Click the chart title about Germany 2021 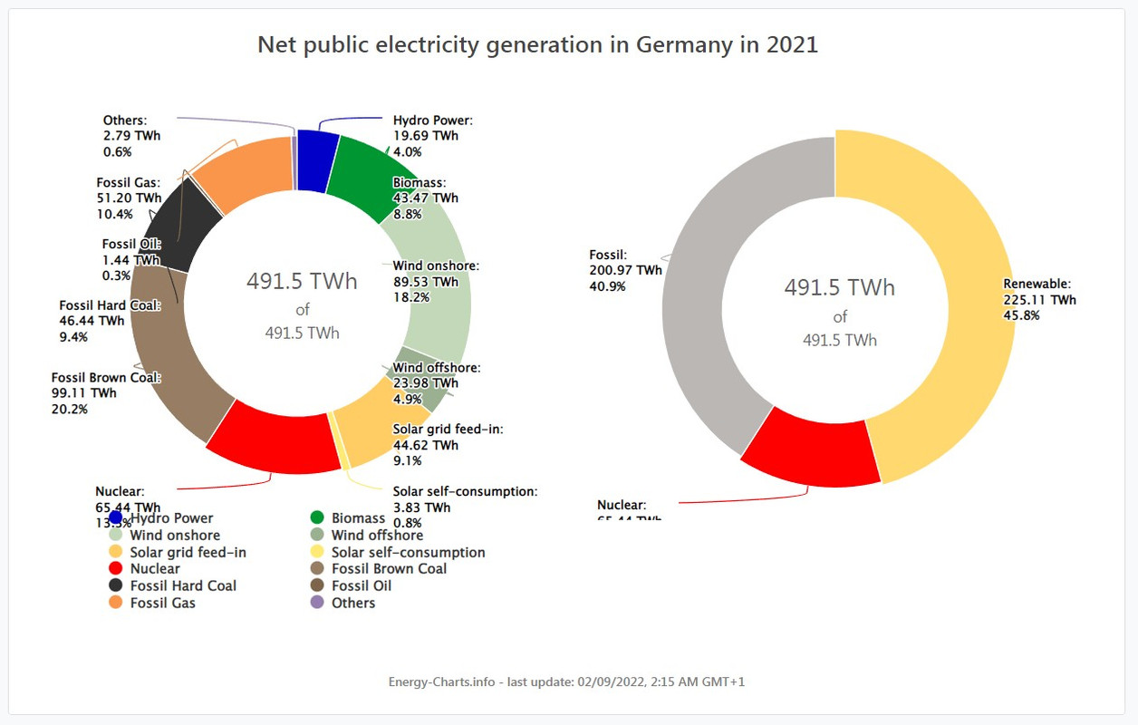click(537, 44)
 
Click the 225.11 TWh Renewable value click(1039, 300)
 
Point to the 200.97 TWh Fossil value click(625, 270)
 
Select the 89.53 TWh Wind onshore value click(425, 282)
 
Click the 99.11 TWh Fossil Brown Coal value click(84, 393)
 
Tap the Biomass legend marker click(317, 517)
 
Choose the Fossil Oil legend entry click(361, 585)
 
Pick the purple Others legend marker click(317, 603)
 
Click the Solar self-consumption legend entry click(408, 552)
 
